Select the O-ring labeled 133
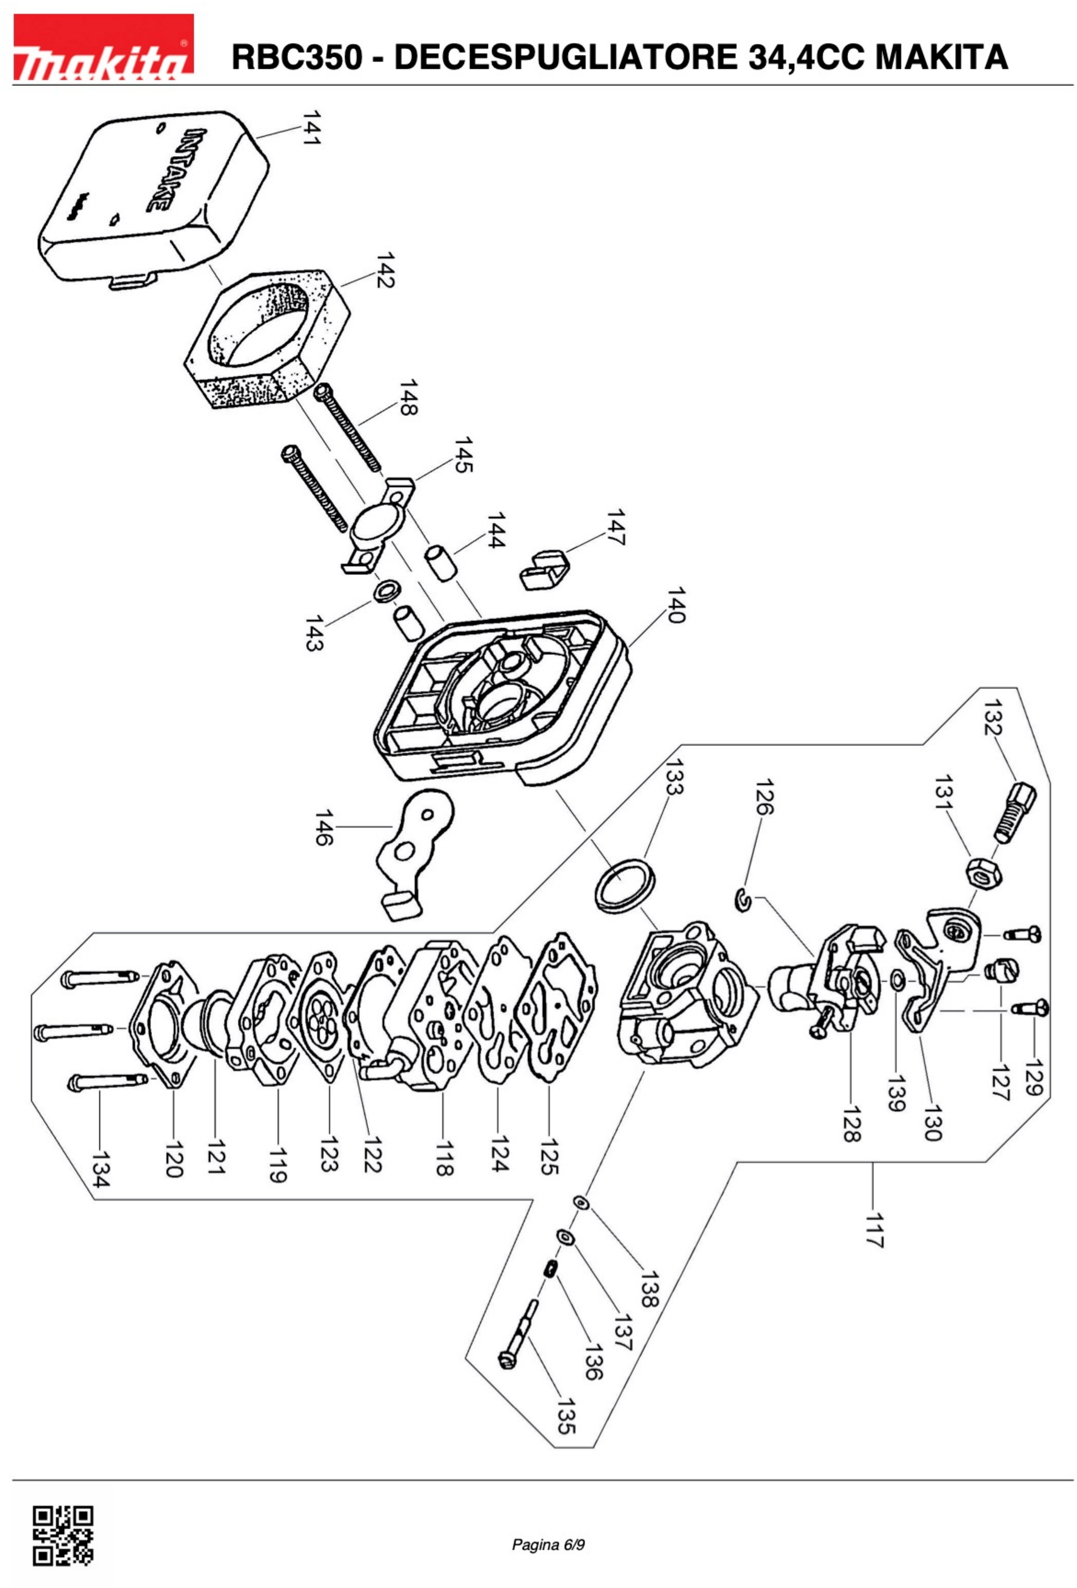coord(625,886)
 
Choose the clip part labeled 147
coord(545,567)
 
